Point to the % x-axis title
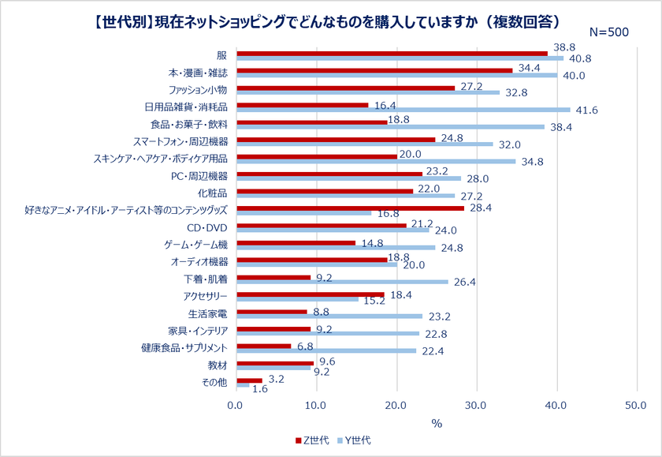coord(436,423)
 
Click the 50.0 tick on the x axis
coord(636,405)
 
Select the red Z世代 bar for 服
coord(392,54)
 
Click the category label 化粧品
coord(214,192)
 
